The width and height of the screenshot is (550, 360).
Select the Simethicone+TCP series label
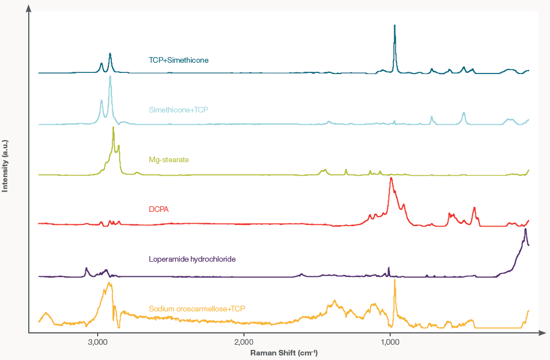pyautogui.click(x=178, y=109)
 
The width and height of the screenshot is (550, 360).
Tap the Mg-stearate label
pyautogui.click(x=169, y=159)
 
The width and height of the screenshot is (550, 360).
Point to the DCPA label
pyautogui.click(x=159, y=209)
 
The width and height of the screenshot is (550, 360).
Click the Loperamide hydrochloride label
pyautogui.click(x=192, y=259)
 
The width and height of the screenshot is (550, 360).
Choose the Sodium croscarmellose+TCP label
pyautogui.click(x=197, y=309)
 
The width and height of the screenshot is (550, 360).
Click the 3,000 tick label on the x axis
pyautogui.click(x=98, y=343)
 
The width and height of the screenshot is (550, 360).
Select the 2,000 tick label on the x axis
pyautogui.click(x=243, y=343)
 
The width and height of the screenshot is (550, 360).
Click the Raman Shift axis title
pyautogui.click(x=284, y=353)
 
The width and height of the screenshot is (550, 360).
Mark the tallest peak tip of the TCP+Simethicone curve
pyautogui.click(x=395, y=25)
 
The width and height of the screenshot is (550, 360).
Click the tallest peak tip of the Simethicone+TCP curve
pyautogui.click(x=110, y=76)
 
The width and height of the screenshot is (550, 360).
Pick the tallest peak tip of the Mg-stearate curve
pyautogui.click(x=114, y=127)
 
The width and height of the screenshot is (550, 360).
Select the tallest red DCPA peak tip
pyautogui.click(x=391, y=178)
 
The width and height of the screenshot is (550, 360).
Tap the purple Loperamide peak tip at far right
pyautogui.click(x=525, y=229)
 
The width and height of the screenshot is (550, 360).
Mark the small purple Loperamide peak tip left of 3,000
pyautogui.click(x=86, y=268)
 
